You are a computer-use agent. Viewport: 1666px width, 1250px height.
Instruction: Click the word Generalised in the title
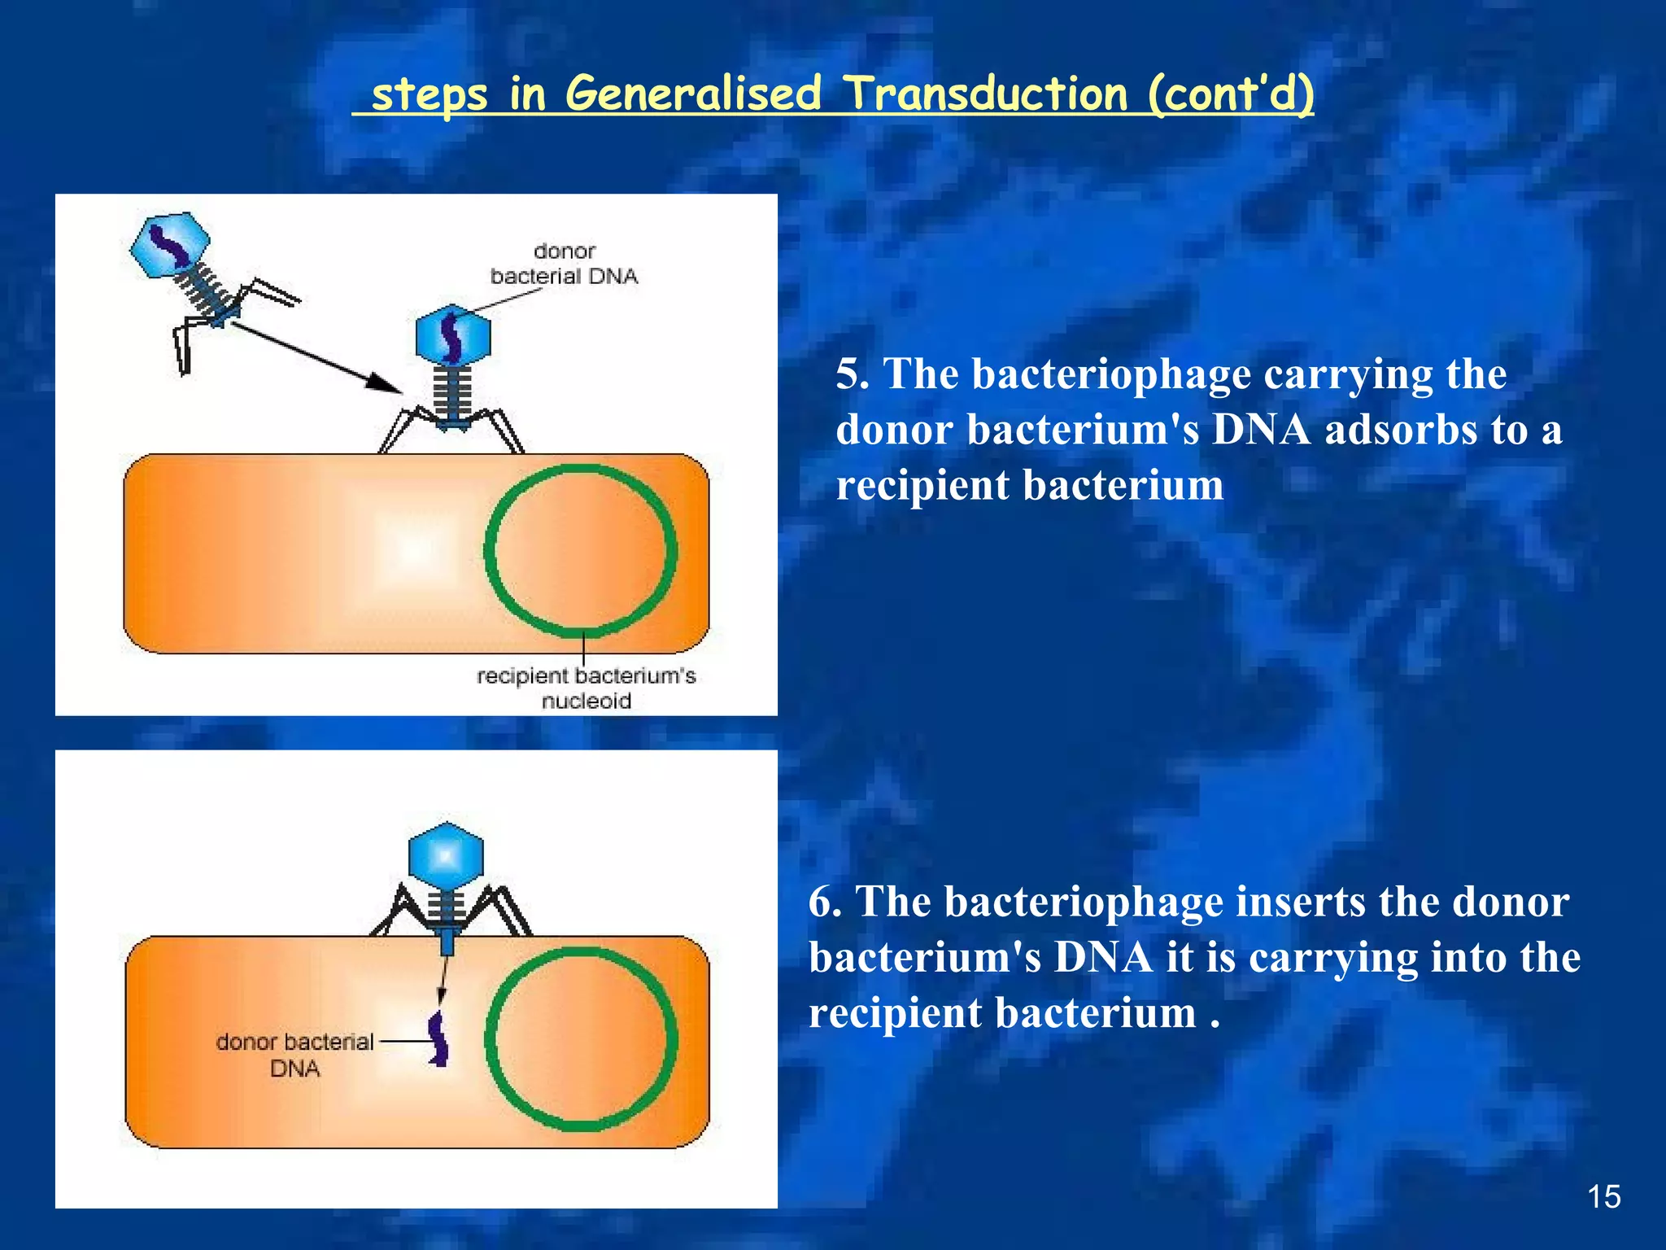(x=693, y=94)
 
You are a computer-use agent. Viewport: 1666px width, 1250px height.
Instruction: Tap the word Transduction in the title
(x=985, y=94)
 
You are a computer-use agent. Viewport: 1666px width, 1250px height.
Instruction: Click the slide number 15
(x=1603, y=1197)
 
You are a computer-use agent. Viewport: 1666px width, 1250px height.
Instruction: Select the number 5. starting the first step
(x=853, y=375)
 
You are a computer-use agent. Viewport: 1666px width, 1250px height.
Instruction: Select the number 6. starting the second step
(x=825, y=903)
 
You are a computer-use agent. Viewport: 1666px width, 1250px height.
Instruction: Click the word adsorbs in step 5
(x=1399, y=430)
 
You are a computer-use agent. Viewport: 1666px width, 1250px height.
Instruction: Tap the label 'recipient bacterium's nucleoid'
(x=586, y=688)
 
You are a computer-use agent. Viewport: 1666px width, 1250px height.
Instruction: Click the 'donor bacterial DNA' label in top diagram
(x=564, y=264)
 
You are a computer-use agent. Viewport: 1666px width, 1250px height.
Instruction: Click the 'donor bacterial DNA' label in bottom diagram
(x=294, y=1055)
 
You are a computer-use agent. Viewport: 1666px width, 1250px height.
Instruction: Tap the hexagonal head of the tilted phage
(x=170, y=244)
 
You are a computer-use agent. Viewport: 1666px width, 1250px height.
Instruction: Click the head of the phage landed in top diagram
(x=453, y=334)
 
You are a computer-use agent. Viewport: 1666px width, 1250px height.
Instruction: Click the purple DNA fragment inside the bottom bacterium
(x=439, y=1038)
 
